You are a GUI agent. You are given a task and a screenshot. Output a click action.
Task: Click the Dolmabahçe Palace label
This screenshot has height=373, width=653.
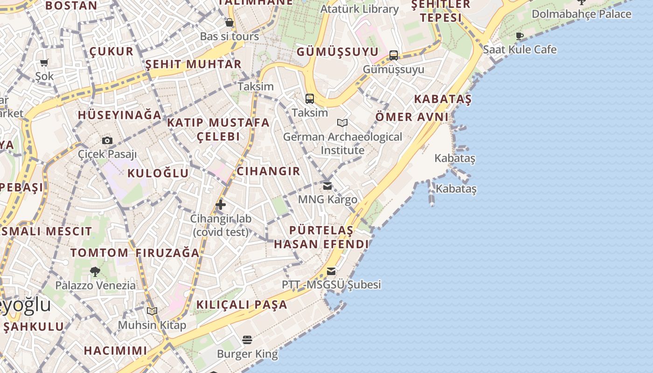pyautogui.click(x=581, y=14)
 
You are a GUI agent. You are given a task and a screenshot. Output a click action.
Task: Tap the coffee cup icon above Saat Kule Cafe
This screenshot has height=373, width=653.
pyautogui.click(x=520, y=36)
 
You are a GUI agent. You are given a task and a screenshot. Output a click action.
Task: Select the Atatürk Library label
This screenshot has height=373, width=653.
pyautogui.click(x=359, y=9)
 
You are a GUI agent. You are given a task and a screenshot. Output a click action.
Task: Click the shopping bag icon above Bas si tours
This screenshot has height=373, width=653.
pyautogui.click(x=229, y=22)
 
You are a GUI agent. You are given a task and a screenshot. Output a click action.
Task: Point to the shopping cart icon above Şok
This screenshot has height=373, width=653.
pyautogui.click(x=44, y=63)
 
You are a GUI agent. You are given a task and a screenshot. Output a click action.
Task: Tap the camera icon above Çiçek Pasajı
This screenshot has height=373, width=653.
pyautogui.click(x=107, y=140)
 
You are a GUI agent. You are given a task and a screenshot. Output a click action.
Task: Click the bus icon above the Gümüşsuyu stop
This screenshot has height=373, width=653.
pyautogui.click(x=394, y=55)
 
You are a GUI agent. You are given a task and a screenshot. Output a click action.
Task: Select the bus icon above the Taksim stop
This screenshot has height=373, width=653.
pyautogui.click(x=310, y=99)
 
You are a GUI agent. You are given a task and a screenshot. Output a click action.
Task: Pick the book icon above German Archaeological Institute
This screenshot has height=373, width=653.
pyautogui.click(x=342, y=123)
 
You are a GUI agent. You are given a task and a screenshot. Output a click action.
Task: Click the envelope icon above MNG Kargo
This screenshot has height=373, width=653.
pyautogui.click(x=327, y=186)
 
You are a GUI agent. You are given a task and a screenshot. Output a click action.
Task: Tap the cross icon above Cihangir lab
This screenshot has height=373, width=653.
pyautogui.click(x=221, y=205)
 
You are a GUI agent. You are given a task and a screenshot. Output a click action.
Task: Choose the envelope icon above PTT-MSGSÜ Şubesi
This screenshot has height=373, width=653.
pyautogui.click(x=331, y=271)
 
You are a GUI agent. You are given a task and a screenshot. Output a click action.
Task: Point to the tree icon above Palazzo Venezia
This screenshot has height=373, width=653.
pyautogui.click(x=95, y=271)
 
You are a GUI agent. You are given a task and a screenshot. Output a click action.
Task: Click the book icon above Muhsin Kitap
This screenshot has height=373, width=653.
pyautogui.click(x=152, y=311)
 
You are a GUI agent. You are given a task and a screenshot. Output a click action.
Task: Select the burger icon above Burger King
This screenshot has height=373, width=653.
pyautogui.click(x=247, y=340)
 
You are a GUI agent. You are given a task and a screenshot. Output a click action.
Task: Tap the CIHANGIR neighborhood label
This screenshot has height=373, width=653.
pyautogui.click(x=268, y=171)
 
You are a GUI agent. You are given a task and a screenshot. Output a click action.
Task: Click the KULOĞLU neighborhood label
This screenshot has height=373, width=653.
pyautogui.click(x=158, y=173)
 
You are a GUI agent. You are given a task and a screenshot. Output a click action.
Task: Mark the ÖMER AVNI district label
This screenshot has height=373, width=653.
pyautogui.click(x=412, y=117)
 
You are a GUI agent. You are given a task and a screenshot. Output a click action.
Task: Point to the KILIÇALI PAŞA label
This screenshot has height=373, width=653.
pyautogui.click(x=242, y=305)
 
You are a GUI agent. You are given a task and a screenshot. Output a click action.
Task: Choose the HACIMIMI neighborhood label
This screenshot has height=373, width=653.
pyautogui.click(x=115, y=350)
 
